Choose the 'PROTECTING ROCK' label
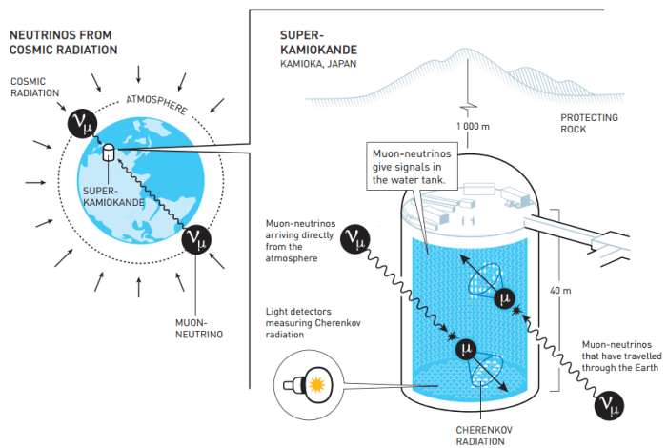(x=589, y=125)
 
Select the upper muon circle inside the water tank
(x=506, y=298)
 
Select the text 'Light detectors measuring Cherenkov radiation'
(x=304, y=324)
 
